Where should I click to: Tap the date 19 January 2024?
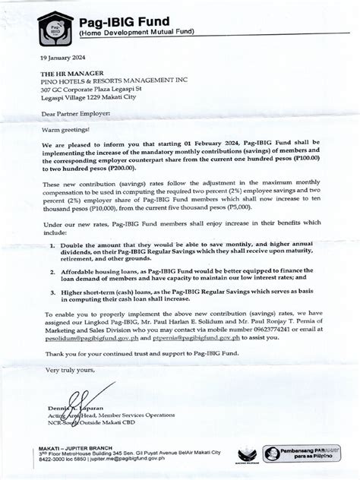[62, 57]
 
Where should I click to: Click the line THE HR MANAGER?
[71, 73]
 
